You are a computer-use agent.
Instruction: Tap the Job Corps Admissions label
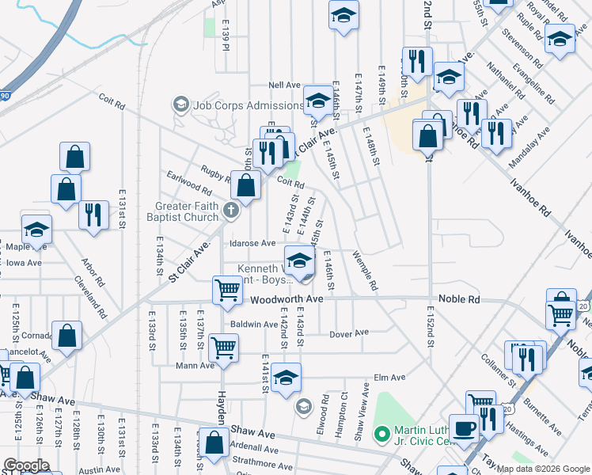233,104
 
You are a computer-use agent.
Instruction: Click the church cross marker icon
231,210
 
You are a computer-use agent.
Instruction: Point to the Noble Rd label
462,300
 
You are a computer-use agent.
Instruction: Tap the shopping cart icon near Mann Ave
225,346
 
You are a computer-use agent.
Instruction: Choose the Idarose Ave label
252,244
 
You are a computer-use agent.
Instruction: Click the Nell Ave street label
285,85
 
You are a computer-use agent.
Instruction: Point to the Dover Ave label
349,333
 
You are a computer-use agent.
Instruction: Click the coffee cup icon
465,428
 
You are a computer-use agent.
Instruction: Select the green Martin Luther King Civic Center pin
381,433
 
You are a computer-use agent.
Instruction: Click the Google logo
26,465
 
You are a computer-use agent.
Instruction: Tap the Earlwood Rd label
188,184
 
